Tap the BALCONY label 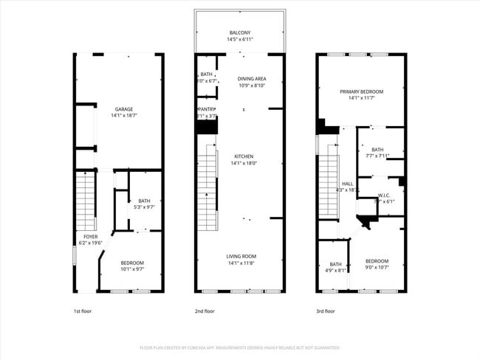pos(240,32)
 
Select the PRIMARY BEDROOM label pos(361,91)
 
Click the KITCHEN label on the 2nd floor pos(244,156)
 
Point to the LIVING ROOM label pos(241,256)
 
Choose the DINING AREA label pos(252,78)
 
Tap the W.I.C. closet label pos(385,195)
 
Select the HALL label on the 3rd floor pos(347,184)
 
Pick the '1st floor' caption pos(83,311)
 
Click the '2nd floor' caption pos(205,311)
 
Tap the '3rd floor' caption pos(326,311)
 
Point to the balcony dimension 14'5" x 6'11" pos(240,39)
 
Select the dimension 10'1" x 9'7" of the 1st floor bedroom pos(132,269)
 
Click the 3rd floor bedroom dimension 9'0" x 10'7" pos(377,267)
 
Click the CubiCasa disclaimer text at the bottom pos(240,347)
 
